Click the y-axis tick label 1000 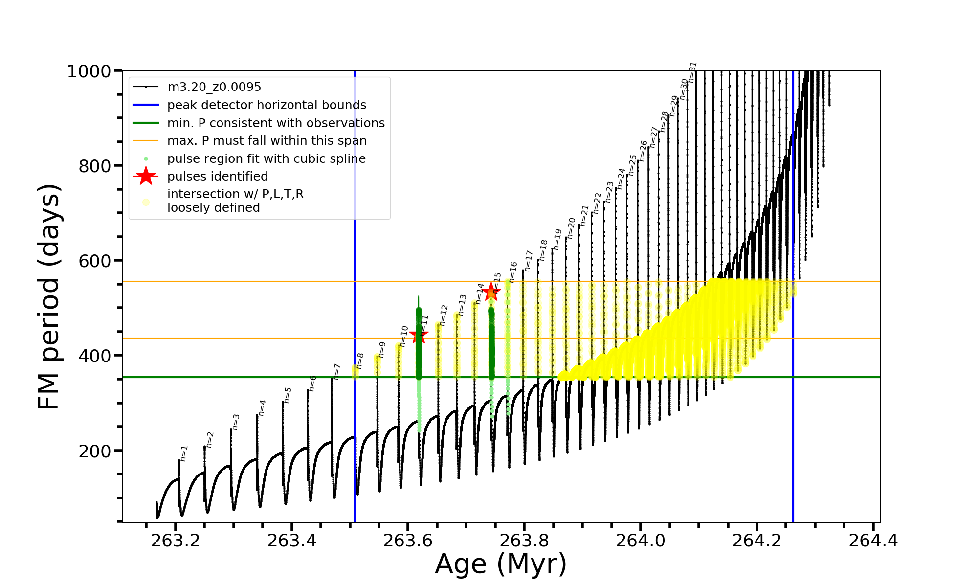(x=89, y=71)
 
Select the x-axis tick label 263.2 (x=176, y=541)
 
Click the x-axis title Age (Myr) (x=501, y=564)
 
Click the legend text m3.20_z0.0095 (x=214, y=87)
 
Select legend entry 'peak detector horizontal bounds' (x=267, y=105)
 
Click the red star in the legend (x=146, y=176)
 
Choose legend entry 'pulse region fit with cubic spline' (x=267, y=159)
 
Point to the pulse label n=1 (x=184, y=453)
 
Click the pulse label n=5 (x=288, y=395)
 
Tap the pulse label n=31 (x=692, y=72)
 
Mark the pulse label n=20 (x=571, y=228)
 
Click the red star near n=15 (x=491, y=292)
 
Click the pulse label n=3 (x=236, y=422)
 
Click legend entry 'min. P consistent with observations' (x=276, y=123)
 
